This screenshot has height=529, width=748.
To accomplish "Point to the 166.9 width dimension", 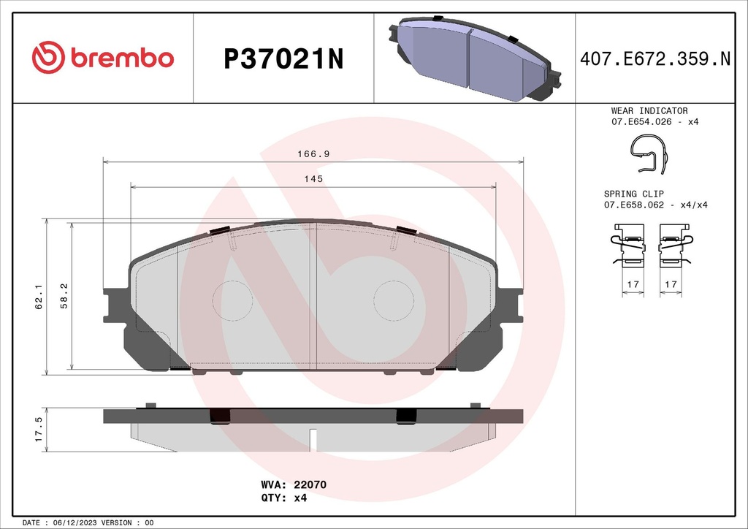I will (x=313, y=154).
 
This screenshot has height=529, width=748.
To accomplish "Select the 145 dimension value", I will (x=314, y=179).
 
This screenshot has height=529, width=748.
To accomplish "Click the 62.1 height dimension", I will (x=37, y=297).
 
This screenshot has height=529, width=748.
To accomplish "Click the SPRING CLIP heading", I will (x=633, y=194).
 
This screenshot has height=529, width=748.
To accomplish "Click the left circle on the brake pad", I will (x=232, y=299).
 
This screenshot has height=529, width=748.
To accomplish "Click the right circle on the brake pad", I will (x=394, y=299).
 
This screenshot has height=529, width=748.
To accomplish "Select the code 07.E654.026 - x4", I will (x=654, y=121).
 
